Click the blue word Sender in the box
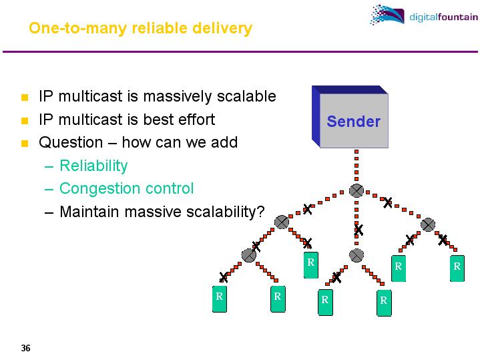coord(353,122)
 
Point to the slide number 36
coord(25,348)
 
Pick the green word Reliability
coord(93,166)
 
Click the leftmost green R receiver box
coord(218,299)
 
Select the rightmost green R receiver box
coord(457,268)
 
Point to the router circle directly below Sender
coord(356,191)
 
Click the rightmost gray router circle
coord(428,224)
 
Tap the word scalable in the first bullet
coord(246,96)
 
